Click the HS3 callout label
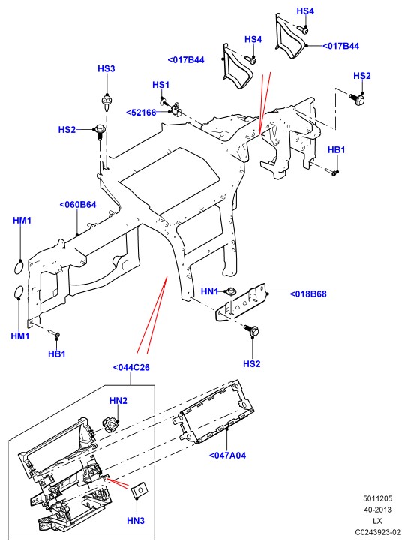(x=106, y=68)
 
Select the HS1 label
(x=160, y=85)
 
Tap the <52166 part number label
(x=141, y=113)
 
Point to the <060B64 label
(x=78, y=205)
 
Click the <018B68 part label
(x=308, y=294)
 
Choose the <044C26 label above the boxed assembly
(x=131, y=367)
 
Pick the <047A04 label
(x=227, y=456)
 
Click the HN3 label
(x=136, y=521)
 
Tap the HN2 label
(x=118, y=401)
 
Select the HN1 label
(x=209, y=291)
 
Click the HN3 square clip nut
(x=139, y=489)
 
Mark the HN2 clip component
(x=110, y=425)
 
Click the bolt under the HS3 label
(x=106, y=101)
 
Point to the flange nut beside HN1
(x=230, y=291)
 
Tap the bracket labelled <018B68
(x=241, y=303)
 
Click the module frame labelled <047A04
(x=214, y=411)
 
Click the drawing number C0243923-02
(x=377, y=532)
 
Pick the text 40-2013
(x=377, y=510)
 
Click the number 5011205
(x=377, y=498)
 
